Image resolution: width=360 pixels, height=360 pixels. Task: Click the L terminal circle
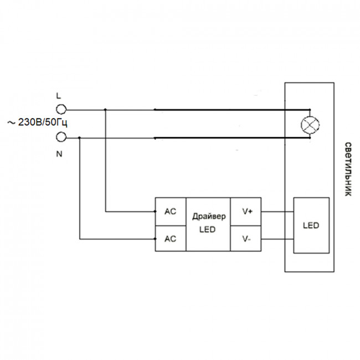[61, 110]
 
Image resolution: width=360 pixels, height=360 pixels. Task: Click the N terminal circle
[61, 137]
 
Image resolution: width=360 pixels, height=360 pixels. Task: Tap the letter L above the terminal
[59, 96]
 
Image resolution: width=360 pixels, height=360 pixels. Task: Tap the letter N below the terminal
[59, 154]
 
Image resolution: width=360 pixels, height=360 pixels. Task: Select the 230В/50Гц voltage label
[43, 123]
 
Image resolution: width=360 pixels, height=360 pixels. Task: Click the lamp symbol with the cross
[310, 125]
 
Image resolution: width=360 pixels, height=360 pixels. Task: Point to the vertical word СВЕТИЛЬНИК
[348, 169]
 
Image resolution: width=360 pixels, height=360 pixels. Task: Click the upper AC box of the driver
[171, 212]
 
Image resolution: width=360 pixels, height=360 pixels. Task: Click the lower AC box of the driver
[171, 239]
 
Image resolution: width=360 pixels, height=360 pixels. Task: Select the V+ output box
[246, 212]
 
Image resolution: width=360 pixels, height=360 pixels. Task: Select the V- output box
[246, 239]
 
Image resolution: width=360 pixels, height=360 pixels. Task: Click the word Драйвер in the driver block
[209, 217]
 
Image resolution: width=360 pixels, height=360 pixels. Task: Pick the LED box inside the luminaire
[311, 225]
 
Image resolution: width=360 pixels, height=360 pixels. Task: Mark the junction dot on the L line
[105, 110]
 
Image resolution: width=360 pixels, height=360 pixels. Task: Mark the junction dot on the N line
[79, 138]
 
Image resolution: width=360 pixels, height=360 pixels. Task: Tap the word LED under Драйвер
[207, 229]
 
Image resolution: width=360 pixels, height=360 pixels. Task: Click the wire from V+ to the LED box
[277, 212]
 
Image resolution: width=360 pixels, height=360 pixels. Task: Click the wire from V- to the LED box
[277, 239]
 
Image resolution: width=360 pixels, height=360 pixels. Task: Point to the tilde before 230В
[11, 123]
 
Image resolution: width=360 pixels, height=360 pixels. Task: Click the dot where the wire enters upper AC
[155, 212]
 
